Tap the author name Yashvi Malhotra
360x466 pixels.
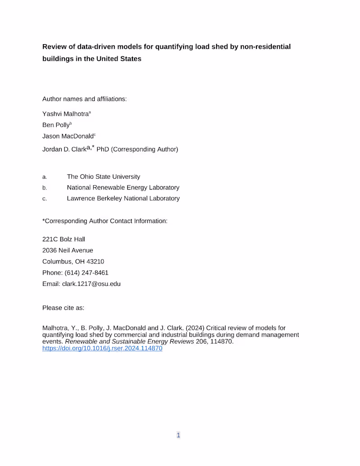pos(66,114)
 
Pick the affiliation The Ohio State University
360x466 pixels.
pos(103,177)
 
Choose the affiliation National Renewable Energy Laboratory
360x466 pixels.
pos(123,188)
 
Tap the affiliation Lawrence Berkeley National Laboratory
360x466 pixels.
pos(123,199)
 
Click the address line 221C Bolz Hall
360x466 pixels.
pos(63,240)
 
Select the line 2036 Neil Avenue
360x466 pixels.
pos(67,250)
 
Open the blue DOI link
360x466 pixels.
pos(102,348)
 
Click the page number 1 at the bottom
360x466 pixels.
pos(179,435)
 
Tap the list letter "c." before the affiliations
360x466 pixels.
pos(45,199)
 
